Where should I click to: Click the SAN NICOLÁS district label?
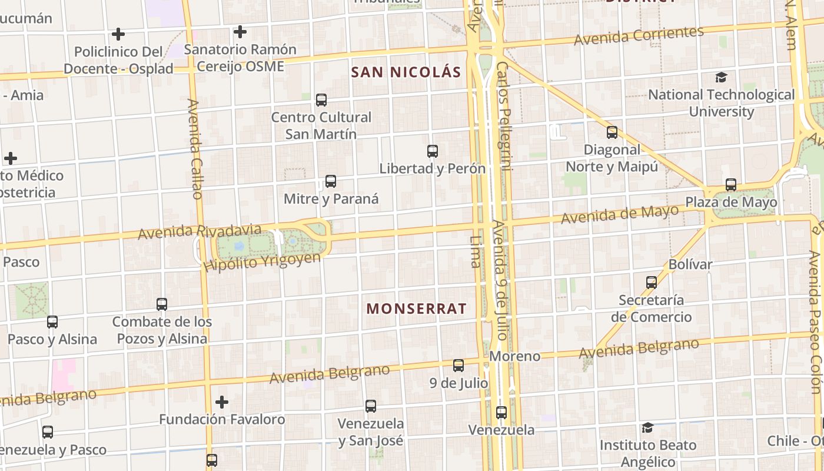tap(406, 72)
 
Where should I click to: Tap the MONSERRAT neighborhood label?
tap(416, 309)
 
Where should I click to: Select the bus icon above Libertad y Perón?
tap(433, 151)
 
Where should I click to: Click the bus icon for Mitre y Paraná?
tap(331, 181)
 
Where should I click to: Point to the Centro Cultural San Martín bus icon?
tap(321, 100)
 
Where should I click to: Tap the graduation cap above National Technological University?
tap(721, 77)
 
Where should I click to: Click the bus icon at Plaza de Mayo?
tap(731, 185)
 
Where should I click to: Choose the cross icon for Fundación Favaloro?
tap(222, 402)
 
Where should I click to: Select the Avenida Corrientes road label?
tap(639, 36)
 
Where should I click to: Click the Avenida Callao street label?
tap(195, 148)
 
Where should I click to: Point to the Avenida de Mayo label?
tap(620, 214)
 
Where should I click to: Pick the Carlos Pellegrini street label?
tap(505, 115)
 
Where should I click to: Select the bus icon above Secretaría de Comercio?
tap(652, 283)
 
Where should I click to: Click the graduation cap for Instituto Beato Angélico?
tap(647, 427)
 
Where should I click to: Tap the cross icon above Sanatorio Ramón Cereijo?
tap(240, 32)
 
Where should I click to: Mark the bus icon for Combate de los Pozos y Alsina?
tap(162, 304)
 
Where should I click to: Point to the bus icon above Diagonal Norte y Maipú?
tap(612, 132)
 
